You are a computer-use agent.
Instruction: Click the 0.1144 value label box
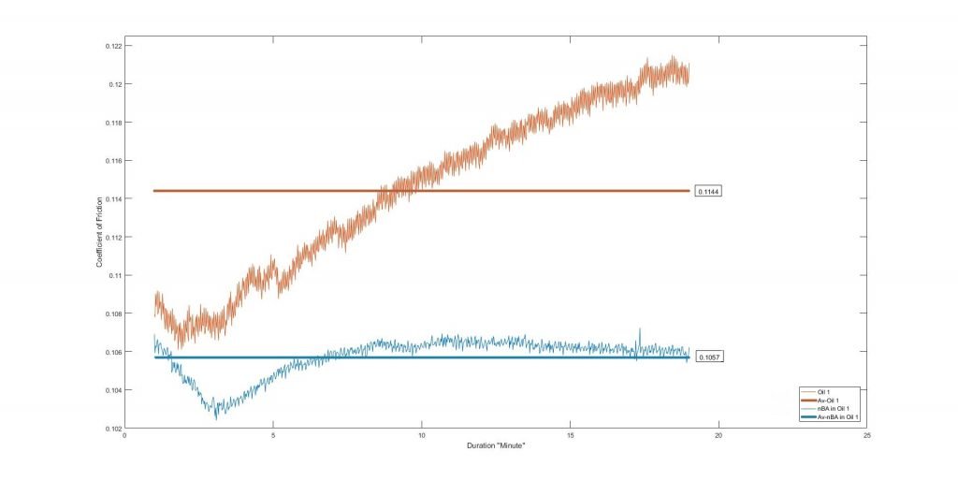coord(710,191)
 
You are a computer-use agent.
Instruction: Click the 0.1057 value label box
coord(710,357)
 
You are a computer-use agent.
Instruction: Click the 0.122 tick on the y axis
coord(114,46)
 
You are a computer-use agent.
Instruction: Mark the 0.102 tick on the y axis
coord(114,429)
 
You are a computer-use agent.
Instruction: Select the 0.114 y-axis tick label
coord(114,199)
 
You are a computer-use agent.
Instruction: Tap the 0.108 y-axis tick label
coord(114,313)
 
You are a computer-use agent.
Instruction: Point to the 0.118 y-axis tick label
coord(114,123)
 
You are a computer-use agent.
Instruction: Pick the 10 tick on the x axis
coord(422,435)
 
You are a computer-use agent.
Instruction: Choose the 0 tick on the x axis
coord(125,435)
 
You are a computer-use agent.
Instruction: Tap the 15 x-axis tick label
coord(570,435)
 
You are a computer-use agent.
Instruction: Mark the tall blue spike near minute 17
coord(640,329)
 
